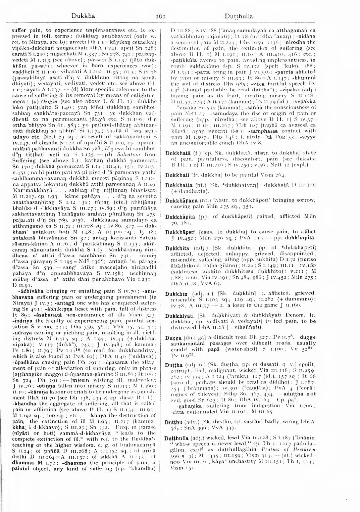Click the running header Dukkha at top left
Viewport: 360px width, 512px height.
(83, 16)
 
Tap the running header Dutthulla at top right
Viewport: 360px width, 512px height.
(239, 16)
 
